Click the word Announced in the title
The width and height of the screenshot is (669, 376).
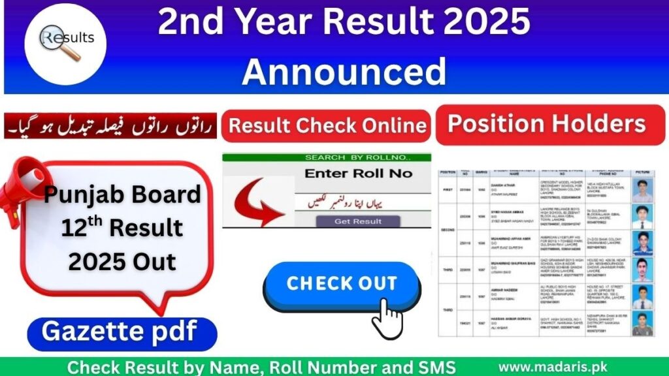click(344, 70)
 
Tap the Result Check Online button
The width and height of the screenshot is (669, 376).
click(327, 125)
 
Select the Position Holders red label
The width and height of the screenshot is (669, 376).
click(546, 124)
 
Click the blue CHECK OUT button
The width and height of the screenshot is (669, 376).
click(342, 283)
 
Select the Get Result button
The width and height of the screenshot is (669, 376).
click(358, 221)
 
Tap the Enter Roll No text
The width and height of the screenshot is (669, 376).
click(359, 174)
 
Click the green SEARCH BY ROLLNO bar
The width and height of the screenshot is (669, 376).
click(327, 157)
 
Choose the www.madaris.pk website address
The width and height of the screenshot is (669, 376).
click(564, 367)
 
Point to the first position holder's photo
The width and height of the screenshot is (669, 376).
click(642, 189)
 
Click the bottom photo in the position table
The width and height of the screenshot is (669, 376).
click(642, 322)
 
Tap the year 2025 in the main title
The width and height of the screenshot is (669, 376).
click(483, 23)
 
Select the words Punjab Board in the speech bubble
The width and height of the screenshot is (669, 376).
click(122, 194)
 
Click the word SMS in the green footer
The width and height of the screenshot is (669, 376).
click(432, 367)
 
